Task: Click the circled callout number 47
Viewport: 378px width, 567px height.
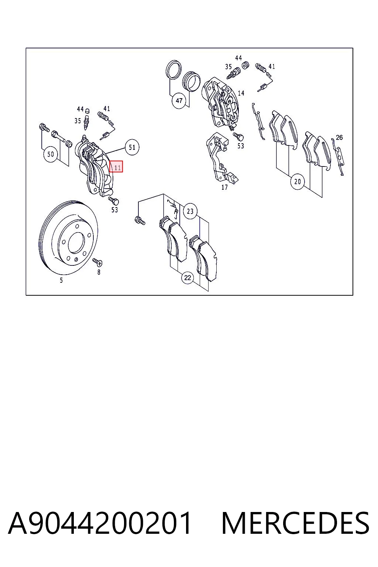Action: [x=179, y=101]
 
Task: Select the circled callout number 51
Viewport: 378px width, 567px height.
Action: [x=132, y=147]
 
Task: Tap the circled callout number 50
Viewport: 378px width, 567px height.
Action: [x=51, y=154]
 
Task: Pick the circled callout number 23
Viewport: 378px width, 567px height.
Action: [x=190, y=211]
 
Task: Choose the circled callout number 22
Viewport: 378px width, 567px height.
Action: [x=188, y=278]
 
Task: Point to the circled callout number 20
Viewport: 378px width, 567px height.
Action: [x=298, y=182]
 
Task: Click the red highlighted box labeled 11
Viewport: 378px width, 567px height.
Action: [x=116, y=166]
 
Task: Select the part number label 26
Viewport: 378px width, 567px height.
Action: [x=339, y=137]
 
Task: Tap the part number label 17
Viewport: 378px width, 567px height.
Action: [x=224, y=187]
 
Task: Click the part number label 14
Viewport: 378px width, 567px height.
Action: [x=241, y=93]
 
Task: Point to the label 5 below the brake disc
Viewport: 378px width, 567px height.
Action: [x=61, y=280]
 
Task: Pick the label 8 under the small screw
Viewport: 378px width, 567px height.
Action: [x=99, y=272]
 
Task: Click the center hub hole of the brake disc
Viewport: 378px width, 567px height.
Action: [x=76, y=243]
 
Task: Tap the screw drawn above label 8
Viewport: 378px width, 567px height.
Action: [x=97, y=262]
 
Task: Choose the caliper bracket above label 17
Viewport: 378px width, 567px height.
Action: [x=221, y=158]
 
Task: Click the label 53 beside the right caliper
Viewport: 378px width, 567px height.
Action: [x=241, y=146]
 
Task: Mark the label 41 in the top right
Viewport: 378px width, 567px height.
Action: [x=272, y=66]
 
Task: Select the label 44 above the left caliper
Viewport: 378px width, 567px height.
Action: [x=80, y=109]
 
